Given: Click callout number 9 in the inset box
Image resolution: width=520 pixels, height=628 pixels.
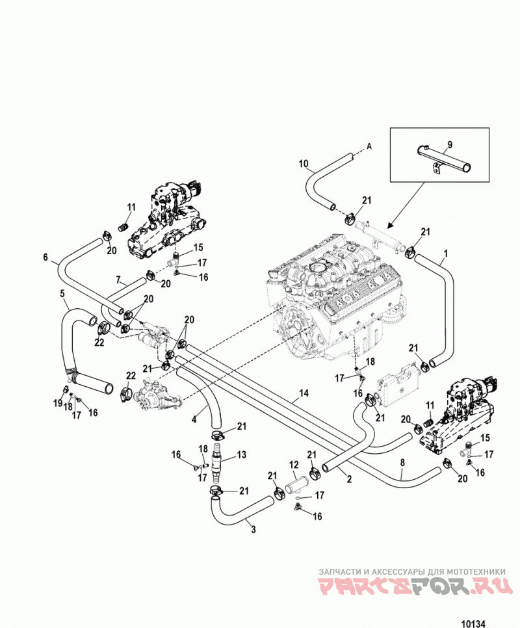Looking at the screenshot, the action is [x=450, y=144].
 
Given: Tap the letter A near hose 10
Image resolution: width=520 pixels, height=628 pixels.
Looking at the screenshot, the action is [x=369, y=146].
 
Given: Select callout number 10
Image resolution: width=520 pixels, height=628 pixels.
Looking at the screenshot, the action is [x=304, y=163].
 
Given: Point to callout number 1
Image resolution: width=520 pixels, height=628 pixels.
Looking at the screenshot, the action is [x=446, y=254].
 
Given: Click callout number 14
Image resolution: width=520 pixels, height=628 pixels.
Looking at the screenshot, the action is [x=304, y=393].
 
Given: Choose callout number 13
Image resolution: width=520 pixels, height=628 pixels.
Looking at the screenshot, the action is [x=241, y=454].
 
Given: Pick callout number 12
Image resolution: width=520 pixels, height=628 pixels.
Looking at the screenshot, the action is [x=294, y=465].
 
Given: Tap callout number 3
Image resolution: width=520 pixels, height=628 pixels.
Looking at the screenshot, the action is [x=253, y=529].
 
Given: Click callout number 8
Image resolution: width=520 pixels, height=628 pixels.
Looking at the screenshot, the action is [x=402, y=463].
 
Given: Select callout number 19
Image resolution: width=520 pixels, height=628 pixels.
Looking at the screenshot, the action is [x=58, y=403].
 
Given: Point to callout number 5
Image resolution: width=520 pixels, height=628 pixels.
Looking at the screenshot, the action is [x=62, y=294].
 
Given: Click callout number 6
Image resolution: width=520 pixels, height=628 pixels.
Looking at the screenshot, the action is [x=45, y=257].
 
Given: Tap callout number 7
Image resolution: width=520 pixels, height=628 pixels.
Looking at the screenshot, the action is [x=118, y=280].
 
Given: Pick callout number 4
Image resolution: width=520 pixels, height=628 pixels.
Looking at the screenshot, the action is [x=194, y=419].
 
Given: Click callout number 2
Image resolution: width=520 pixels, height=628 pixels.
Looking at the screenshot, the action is [x=349, y=478].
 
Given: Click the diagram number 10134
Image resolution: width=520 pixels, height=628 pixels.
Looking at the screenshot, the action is [x=473, y=623].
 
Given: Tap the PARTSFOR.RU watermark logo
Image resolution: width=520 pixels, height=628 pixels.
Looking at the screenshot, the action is [x=415, y=586].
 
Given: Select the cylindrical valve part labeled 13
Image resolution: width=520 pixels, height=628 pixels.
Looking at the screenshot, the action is [x=216, y=460].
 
